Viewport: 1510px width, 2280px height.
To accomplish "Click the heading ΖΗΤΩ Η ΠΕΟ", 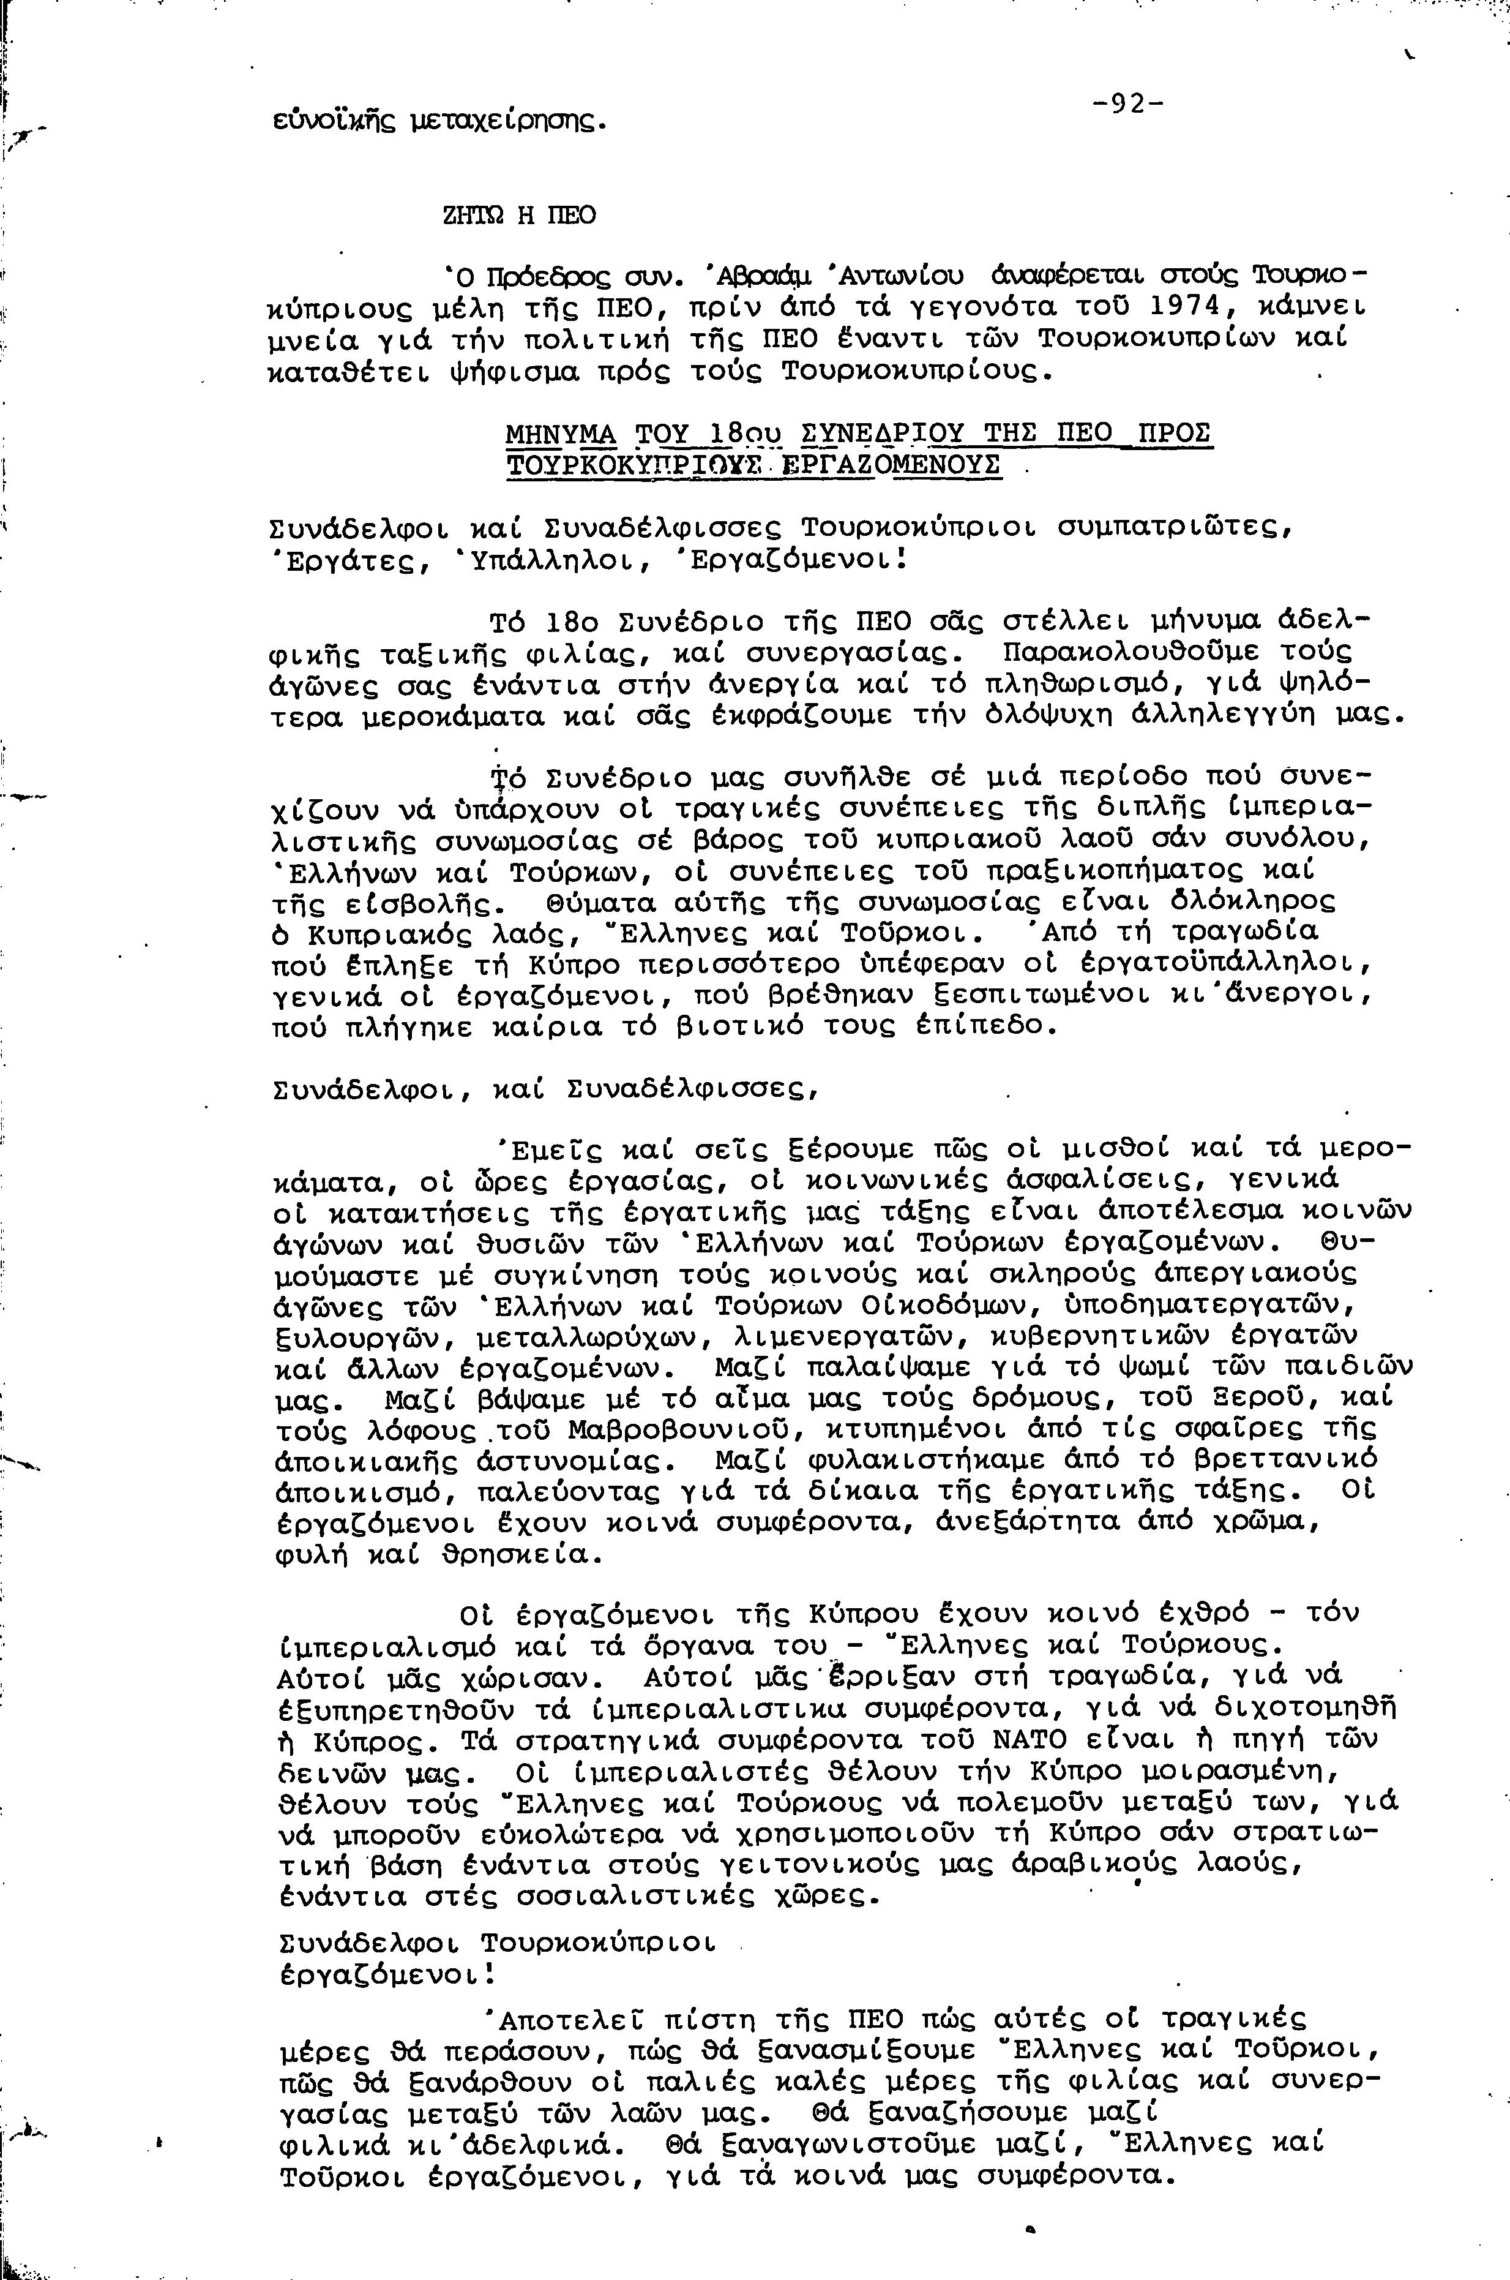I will click(518, 216).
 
